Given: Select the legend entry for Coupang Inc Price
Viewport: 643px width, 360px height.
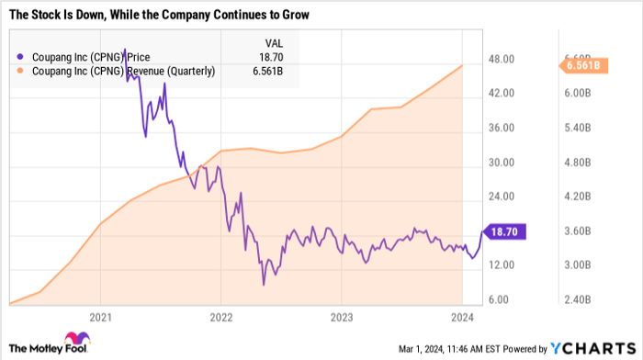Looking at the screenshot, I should [x=83, y=56].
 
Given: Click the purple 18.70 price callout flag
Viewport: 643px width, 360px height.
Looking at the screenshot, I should [x=503, y=232].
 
